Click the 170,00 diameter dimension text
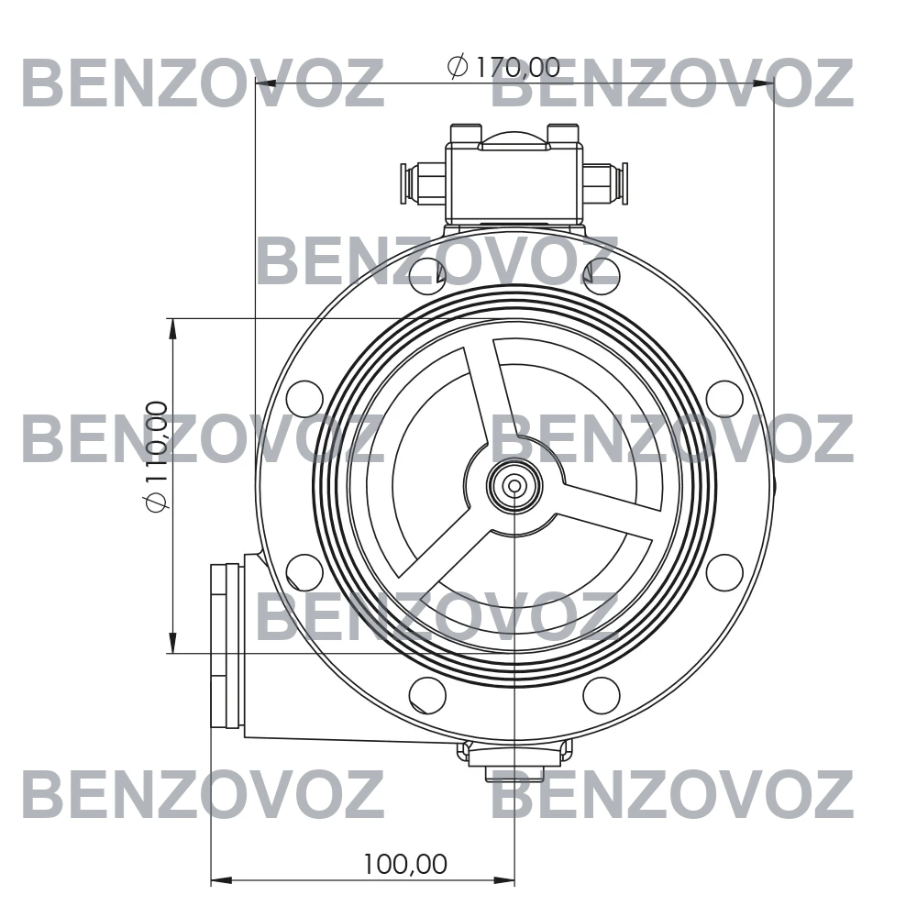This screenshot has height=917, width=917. click(x=503, y=67)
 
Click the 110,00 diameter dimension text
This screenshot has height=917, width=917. click(x=157, y=456)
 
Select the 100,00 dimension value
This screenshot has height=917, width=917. click(x=405, y=864)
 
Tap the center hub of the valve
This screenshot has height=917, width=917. click(x=514, y=485)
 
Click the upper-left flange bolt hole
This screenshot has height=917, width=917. click(x=427, y=275)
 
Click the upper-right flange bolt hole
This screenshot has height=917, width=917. click(x=602, y=275)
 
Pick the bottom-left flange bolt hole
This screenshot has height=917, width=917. click(x=427, y=695)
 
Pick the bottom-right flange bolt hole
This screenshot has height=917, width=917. click(x=602, y=695)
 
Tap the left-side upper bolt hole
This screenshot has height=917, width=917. click(x=304, y=398)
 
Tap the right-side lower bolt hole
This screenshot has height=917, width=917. click(x=724, y=572)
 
